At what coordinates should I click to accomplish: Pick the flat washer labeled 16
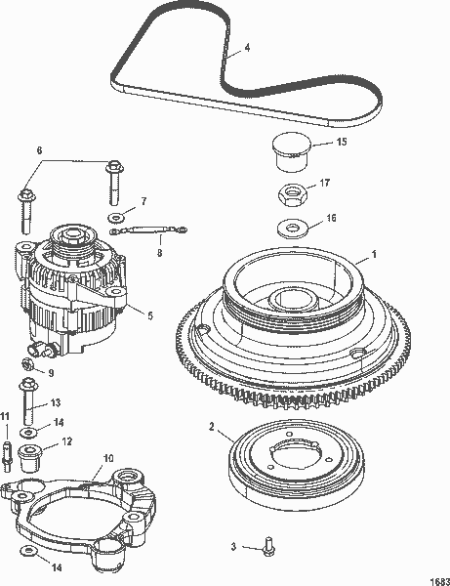[x=287, y=229]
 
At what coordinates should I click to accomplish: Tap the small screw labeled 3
[x=270, y=548]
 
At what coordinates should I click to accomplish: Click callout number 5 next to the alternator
[x=148, y=314]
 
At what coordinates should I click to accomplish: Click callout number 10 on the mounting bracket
[x=108, y=456]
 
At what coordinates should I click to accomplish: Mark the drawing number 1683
[x=435, y=577]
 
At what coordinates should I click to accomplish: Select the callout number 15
[x=341, y=143]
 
